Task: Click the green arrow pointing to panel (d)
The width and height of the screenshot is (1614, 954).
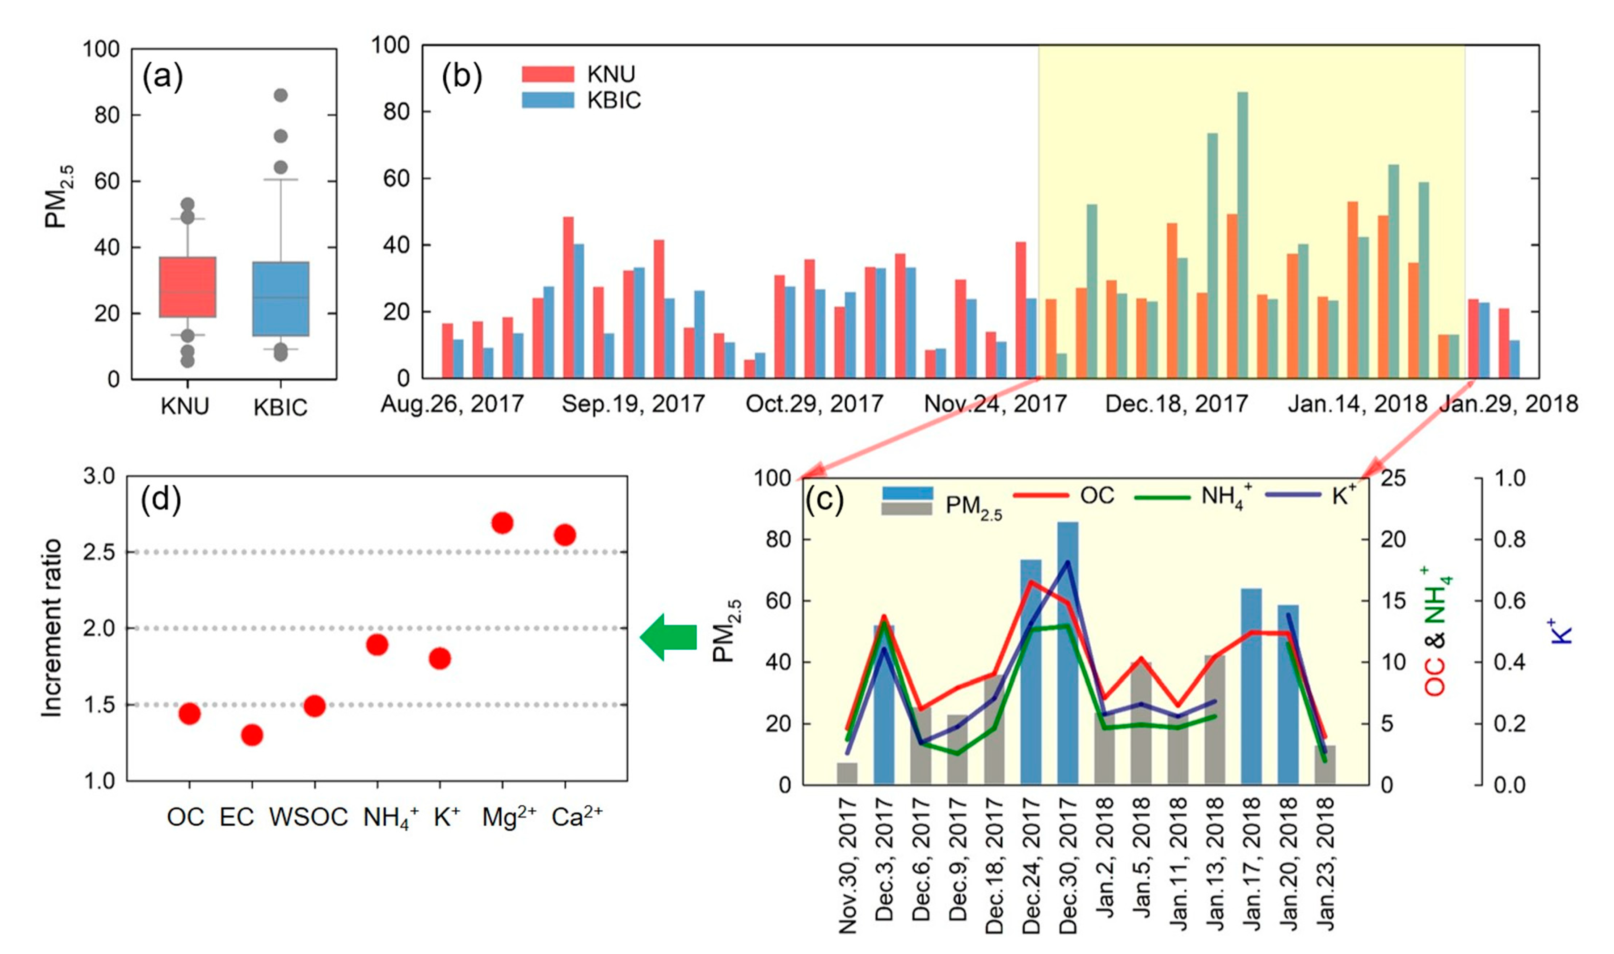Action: [x=669, y=637]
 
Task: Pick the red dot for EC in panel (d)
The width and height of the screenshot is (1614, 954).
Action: [x=252, y=735]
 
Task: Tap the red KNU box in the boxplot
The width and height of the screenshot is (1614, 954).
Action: [x=187, y=287]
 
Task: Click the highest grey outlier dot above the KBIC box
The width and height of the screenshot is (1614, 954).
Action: [x=281, y=95]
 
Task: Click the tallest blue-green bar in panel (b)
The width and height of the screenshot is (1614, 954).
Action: [x=1242, y=235]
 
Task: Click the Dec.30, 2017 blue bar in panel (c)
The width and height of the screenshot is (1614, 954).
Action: [x=1068, y=653]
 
